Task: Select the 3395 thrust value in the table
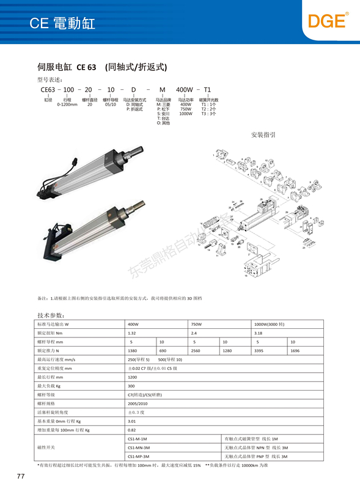pos(257,351)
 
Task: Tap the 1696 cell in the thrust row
pos(295,351)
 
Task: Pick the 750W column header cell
pos(196,323)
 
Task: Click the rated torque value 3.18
pos(257,333)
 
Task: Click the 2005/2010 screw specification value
pos(137,404)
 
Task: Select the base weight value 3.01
pos(131,422)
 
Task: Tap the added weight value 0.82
pos(131,430)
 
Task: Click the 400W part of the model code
pos(185,89)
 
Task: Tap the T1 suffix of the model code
pos(208,89)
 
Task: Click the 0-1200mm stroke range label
pos(67,105)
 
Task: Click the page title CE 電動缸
pos(62,24)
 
